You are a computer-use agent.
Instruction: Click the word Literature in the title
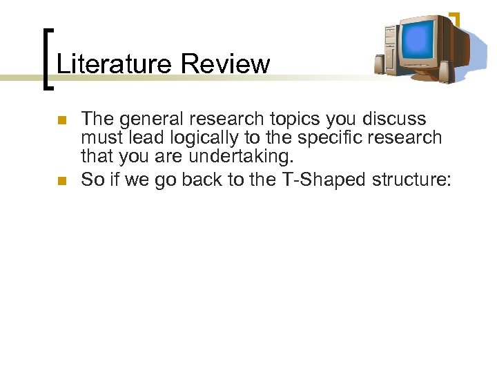click(x=114, y=64)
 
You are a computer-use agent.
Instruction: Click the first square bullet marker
click(x=61, y=120)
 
